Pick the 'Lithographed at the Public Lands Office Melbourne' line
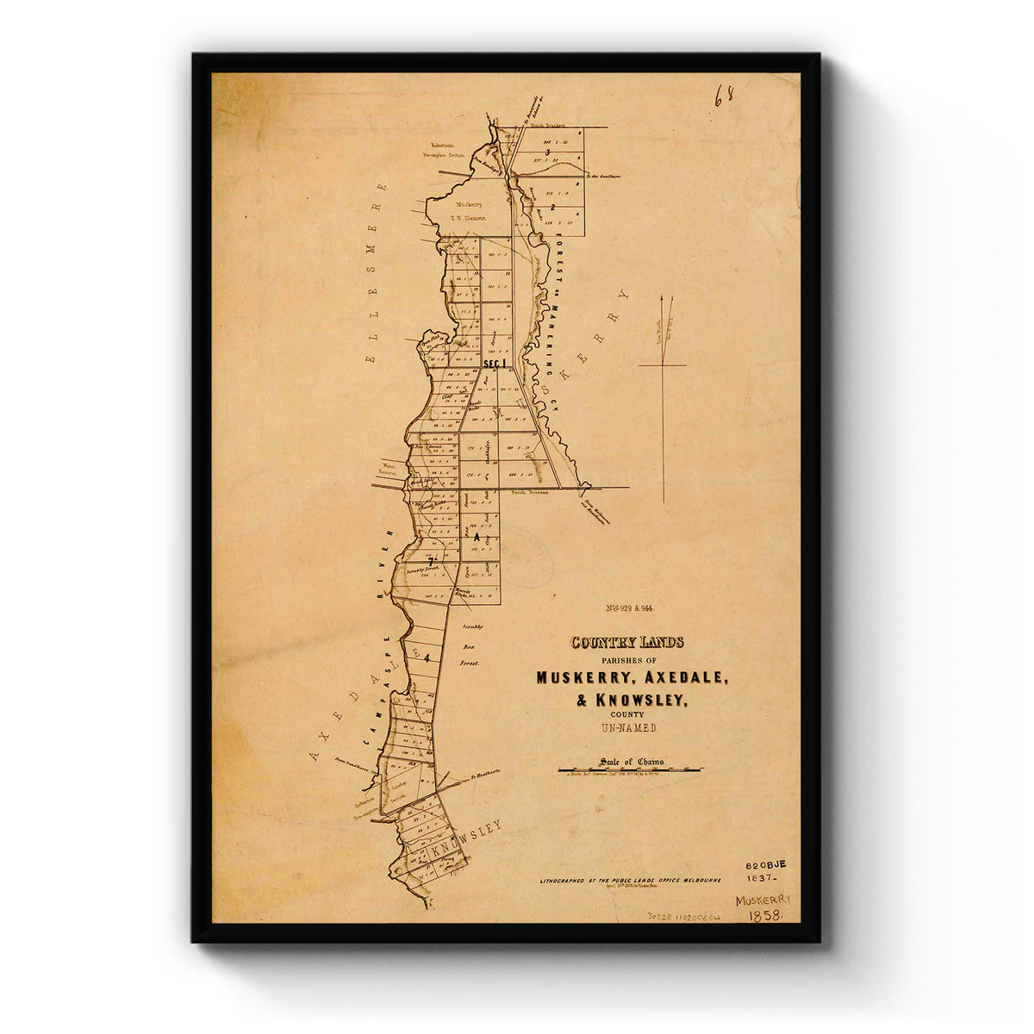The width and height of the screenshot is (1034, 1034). pyautogui.click(x=631, y=881)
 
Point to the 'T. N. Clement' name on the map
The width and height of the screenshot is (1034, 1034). pyautogui.click(x=470, y=218)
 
